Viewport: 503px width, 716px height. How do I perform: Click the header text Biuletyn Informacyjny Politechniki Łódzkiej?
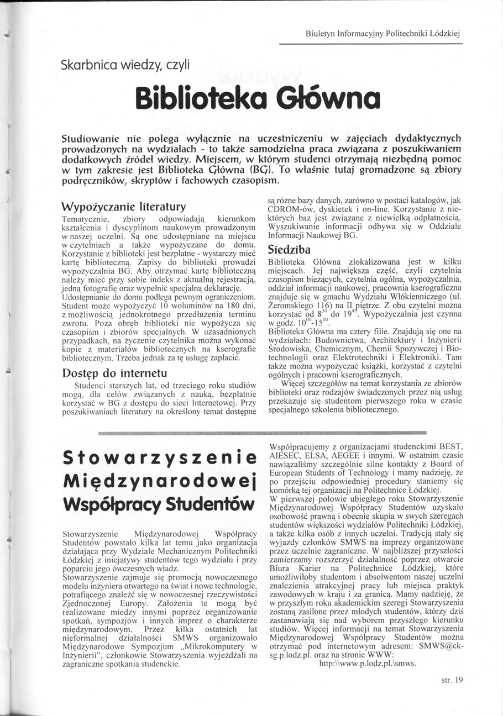(x=383, y=34)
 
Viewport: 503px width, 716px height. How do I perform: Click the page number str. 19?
(x=452, y=680)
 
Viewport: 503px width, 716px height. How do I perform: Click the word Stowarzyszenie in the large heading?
(x=159, y=458)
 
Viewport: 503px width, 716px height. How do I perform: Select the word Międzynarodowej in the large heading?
(x=159, y=481)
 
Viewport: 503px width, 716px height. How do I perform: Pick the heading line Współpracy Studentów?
(x=159, y=504)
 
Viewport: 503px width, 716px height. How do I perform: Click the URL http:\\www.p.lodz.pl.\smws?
(x=368, y=664)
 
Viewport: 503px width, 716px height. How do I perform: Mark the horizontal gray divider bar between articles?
(x=263, y=431)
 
